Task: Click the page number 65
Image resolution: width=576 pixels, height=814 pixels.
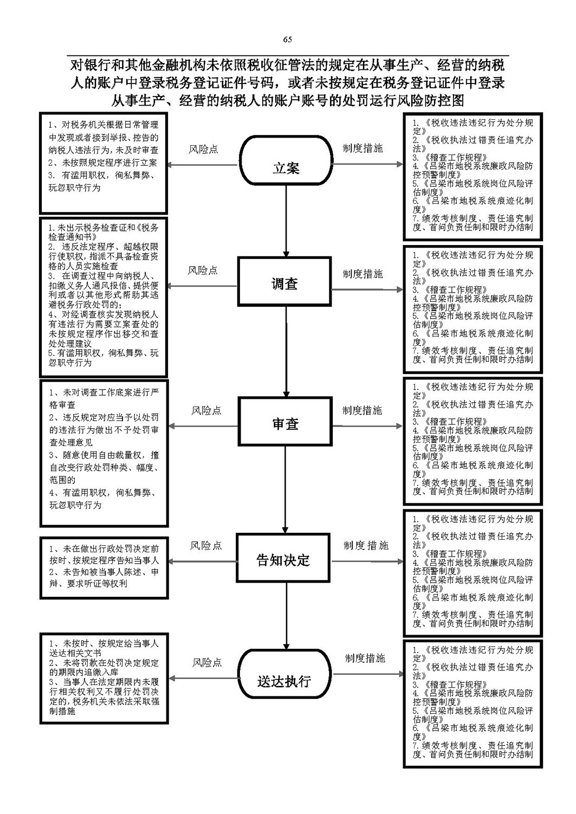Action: [287, 40]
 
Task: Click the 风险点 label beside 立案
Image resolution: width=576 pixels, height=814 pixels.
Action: [203, 149]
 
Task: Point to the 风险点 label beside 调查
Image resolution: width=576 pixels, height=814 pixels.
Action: [203, 270]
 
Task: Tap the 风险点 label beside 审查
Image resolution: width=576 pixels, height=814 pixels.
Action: [206, 410]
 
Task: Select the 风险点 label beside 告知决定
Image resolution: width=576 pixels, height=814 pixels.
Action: [206, 546]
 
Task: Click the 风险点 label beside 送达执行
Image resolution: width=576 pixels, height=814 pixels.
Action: [207, 662]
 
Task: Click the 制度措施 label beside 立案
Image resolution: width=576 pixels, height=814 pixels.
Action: [363, 148]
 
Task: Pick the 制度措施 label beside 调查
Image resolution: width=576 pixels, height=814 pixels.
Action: [363, 274]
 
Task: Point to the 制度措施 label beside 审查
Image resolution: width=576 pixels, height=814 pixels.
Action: [362, 410]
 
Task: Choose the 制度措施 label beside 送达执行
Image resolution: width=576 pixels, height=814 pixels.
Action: [365, 658]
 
